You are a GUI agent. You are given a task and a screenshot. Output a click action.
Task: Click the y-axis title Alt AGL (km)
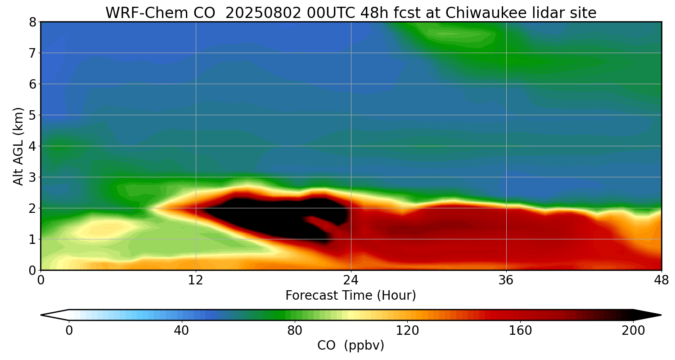18,146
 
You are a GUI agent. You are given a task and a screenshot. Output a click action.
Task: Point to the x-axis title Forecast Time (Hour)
351,296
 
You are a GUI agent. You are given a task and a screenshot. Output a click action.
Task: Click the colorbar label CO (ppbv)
351,346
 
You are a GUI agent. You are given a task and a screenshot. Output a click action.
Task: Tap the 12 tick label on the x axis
196,281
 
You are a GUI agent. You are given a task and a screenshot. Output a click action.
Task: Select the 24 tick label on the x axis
351,281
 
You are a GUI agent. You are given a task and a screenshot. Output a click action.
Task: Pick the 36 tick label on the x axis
506,281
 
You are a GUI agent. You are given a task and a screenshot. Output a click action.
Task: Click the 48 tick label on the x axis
661,281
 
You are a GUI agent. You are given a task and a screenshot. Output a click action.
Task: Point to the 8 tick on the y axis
33,22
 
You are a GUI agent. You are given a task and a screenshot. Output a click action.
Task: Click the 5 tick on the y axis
33,115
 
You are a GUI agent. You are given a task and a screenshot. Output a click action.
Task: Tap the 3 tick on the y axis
33,177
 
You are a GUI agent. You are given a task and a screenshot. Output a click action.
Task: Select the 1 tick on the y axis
33,239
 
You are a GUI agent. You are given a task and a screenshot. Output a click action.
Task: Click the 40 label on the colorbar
181,331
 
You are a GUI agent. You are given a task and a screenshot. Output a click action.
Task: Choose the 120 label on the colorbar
407,331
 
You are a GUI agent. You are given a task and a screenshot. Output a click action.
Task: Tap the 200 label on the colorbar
633,331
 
